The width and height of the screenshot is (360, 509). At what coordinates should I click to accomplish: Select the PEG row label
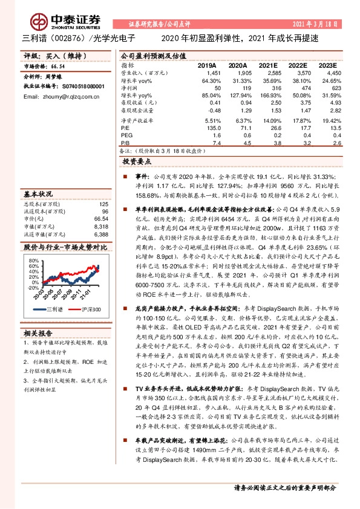pos(126,135)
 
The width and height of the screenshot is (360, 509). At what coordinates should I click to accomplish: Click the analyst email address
pos(60,97)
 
